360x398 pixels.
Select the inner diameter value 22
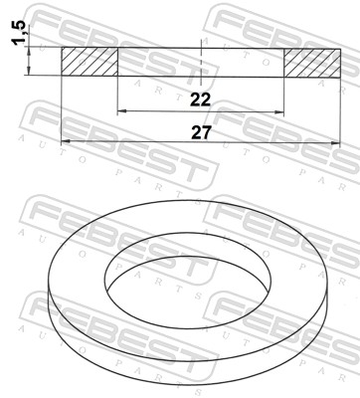click(201, 98)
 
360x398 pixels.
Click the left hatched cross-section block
click(90, 61)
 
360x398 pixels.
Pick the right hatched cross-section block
click(312, 61)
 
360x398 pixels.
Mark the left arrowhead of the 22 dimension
click(122, 111)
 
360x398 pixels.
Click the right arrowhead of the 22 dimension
click(280, 111)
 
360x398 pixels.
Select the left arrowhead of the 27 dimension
click(67, 141)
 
